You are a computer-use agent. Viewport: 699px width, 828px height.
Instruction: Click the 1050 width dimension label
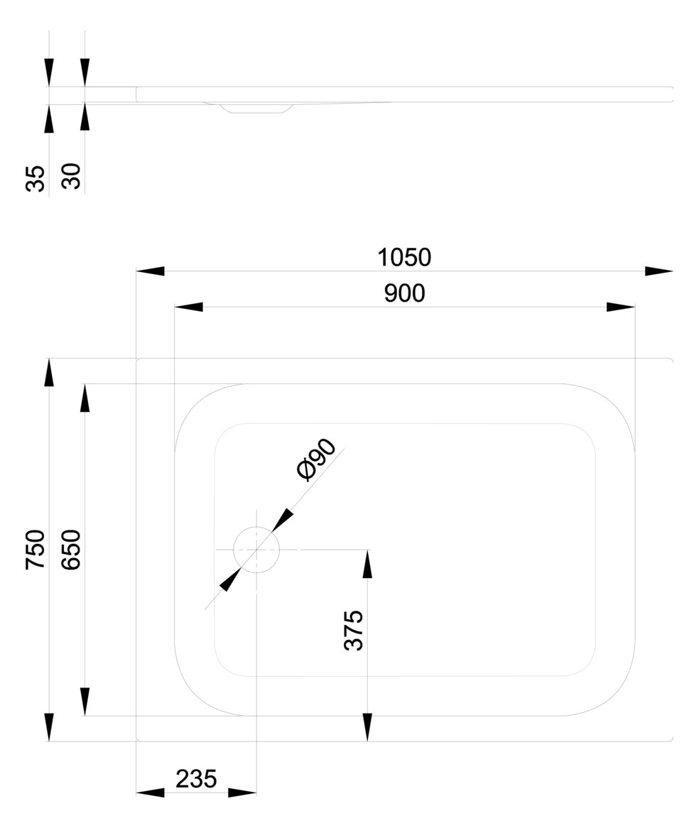[404, 257]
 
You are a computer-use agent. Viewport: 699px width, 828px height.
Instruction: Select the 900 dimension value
[404, 293]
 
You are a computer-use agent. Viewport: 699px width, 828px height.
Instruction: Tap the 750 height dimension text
[36, 549]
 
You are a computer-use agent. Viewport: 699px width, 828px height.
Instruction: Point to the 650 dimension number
[71, 549]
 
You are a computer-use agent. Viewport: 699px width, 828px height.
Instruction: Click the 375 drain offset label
[354, 630]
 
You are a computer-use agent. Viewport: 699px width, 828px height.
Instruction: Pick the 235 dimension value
[196, 779]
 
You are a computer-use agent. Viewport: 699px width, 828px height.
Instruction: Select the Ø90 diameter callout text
[316, 459]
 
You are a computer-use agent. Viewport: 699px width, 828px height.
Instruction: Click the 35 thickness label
[36, 178]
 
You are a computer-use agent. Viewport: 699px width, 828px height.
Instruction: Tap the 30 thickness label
[71, 176]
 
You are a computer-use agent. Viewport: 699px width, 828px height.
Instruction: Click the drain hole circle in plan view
[256, 527]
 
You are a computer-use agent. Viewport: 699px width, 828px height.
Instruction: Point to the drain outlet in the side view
[256, 108]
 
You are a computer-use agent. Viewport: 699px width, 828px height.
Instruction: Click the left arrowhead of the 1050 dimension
[150, 271]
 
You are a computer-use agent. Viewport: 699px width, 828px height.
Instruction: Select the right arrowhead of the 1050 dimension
[659, 271]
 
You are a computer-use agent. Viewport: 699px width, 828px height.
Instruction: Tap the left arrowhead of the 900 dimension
[189, 307]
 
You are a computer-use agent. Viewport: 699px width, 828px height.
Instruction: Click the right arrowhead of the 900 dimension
[621, 307]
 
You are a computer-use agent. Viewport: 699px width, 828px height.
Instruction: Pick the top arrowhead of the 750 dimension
[49, 372]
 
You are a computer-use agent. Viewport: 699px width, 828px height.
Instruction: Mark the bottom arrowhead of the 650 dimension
[85, 702]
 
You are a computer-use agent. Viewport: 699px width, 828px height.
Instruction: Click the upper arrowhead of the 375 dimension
[368, 564]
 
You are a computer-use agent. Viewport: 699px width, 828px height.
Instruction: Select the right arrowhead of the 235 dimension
[242, 792]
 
